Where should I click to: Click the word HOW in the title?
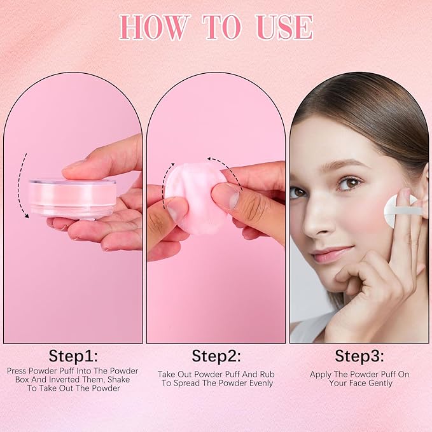(x=155, y=27)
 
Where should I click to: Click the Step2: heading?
(x=216, y=355)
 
